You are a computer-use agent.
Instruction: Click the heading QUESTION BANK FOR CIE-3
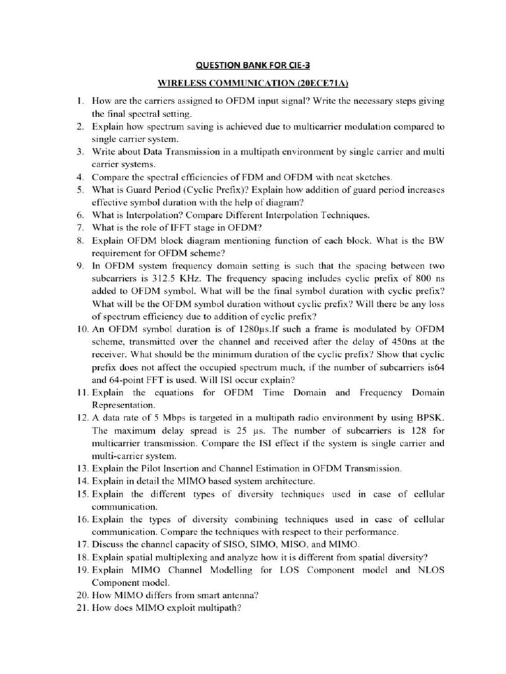click(x=254, y=65)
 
